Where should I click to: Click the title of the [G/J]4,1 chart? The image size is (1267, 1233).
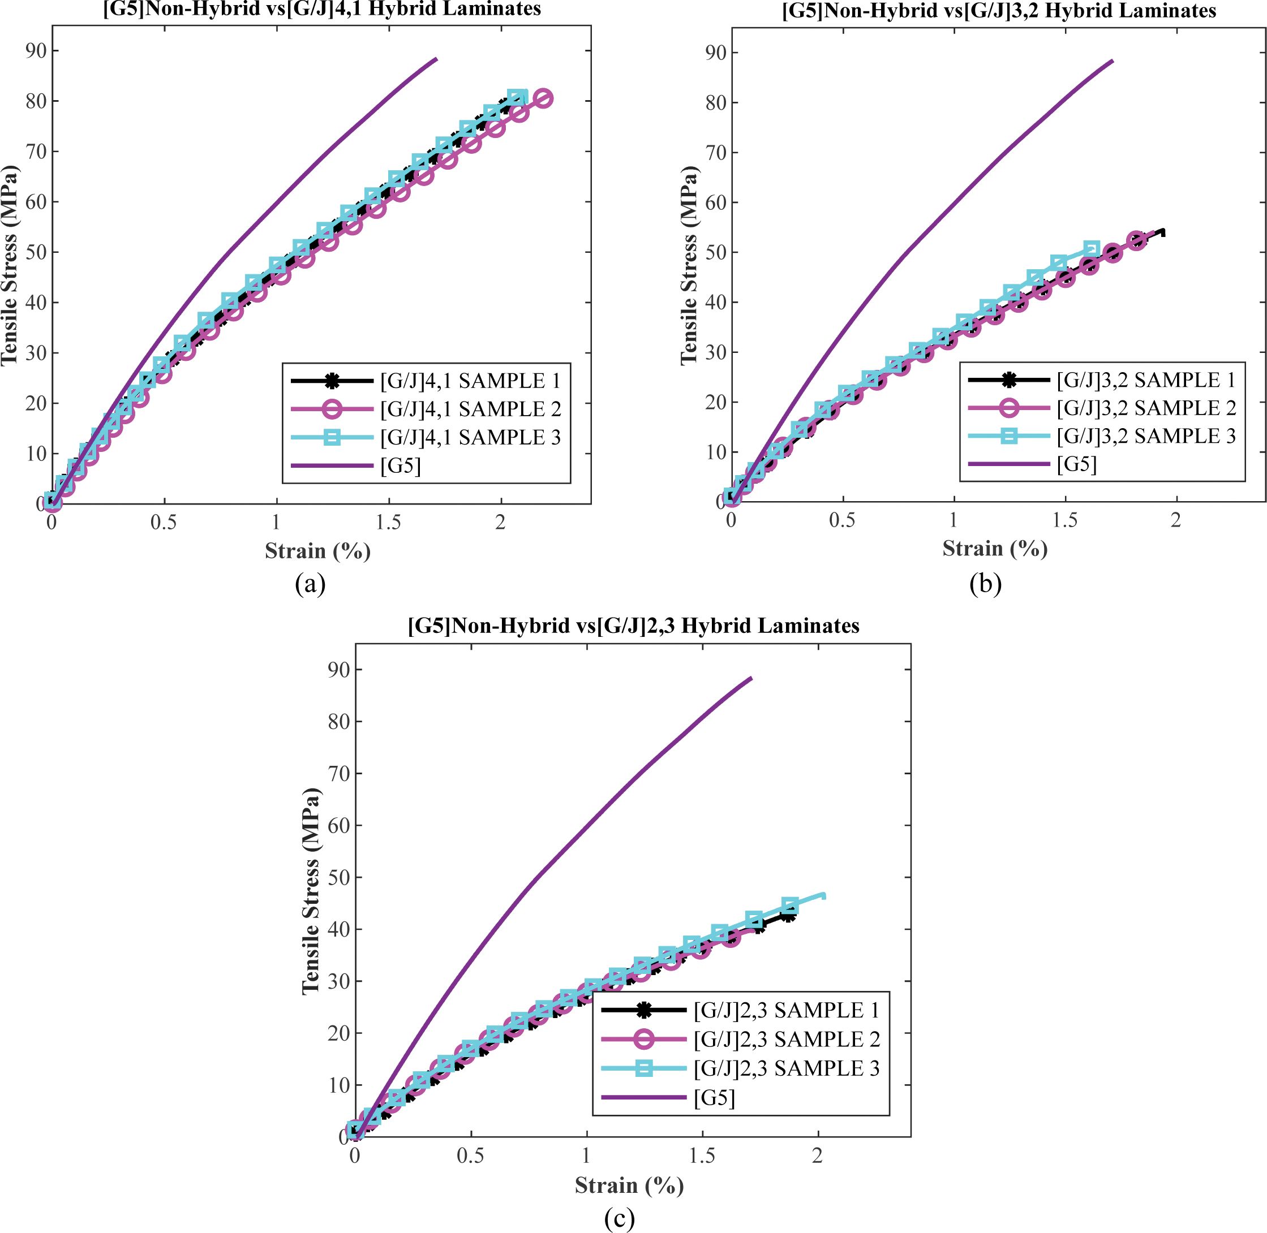coord(322,9)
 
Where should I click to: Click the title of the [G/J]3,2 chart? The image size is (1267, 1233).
coord(999,11)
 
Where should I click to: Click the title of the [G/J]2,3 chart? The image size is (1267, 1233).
coord(634,626)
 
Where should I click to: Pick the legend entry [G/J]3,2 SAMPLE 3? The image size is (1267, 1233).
coord(1146,436)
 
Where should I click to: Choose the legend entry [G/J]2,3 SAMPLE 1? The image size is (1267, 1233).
coord(787,1010)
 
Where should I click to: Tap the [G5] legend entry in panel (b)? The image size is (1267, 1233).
coord(1076,464)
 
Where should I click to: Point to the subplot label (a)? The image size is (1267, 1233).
coord(310,584)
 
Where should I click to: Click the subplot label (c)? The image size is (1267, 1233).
coord(619,1218)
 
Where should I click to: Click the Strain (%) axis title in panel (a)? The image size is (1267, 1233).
coord(317,551)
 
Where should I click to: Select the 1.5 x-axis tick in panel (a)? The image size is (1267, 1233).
coord(388,523)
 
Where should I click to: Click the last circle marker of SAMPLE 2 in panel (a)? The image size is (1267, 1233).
coord(543,98)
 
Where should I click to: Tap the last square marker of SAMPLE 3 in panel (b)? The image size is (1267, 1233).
coord(1092,249)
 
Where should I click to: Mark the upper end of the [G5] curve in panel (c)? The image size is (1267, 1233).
coord(751,678)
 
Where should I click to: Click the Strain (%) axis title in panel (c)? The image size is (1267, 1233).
coord(629,1185)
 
